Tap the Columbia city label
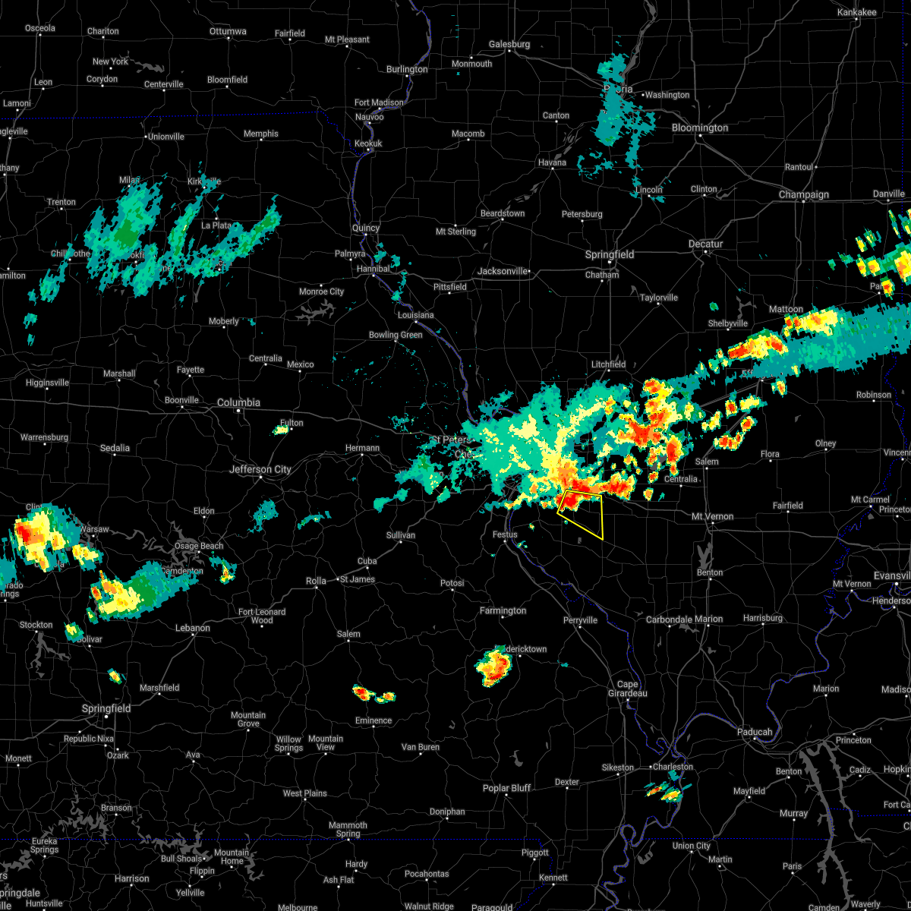coord(238,402)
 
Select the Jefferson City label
coord(260,469)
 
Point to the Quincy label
coord(365,228)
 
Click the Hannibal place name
coord(372,269)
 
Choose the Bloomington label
coord(699,128)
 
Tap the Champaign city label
coord(804,194)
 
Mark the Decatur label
coord(706,244)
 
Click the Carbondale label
coord(669,619)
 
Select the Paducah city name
coord(754,732)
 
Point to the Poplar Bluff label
coord(506,788)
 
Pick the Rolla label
coord(316,581)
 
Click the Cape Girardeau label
coord(627,689)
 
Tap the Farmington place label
coord(503,610)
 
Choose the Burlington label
coord(407,69)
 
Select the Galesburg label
coord(509,44)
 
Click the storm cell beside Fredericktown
coord(493,667)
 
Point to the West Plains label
coord(304,793)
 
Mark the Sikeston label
coord(617,768)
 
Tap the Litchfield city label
coord(608,364)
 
